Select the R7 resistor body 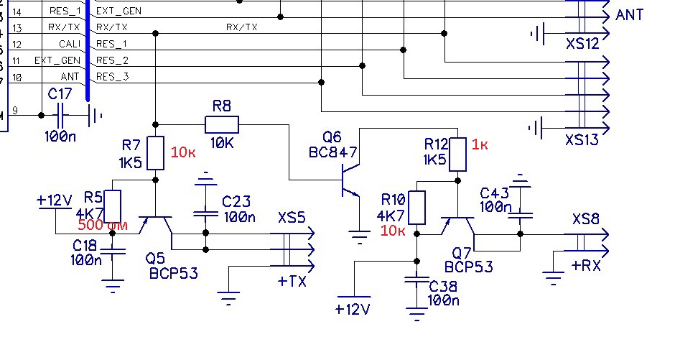(155, 153)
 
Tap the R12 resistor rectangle (457, 154)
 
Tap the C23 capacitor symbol (206, 213)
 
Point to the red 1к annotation (480, 145)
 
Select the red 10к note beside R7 (183, 152)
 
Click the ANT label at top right (629, 14)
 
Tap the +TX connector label (292, 281)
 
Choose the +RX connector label (587, 265)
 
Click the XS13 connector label (581, 139)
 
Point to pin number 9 (15, 111)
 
